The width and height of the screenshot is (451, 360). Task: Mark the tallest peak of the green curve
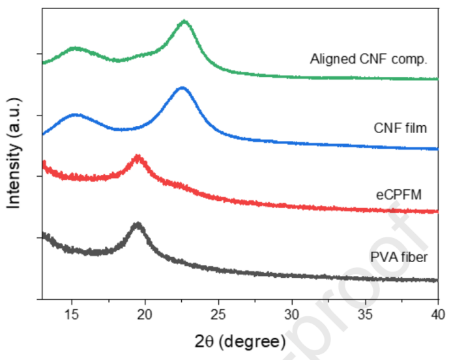184,22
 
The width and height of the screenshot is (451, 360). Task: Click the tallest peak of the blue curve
182,88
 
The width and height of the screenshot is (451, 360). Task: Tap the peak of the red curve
137,157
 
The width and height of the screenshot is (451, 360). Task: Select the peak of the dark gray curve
137,225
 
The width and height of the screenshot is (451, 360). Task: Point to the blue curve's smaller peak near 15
76,115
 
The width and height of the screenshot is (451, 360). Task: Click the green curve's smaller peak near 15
76,48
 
